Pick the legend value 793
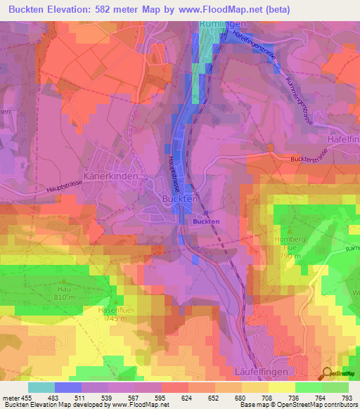point(347,397)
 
